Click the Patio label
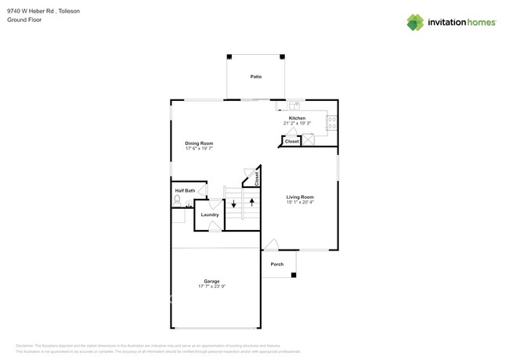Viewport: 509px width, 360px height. click(255, 77)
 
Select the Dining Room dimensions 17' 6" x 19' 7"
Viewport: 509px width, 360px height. click(199, 149)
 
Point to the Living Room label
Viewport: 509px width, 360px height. click(299, 196)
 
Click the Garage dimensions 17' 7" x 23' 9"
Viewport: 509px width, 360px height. click(211, 286)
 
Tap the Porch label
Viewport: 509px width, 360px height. click(277, 265)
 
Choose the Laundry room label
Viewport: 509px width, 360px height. click(210, 214)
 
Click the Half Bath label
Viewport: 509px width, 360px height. click(185, 190)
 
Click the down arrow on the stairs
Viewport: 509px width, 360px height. click(233, 204)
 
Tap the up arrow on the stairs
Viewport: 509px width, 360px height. click(251, 203)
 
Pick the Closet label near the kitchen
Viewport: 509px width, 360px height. click(291, 142)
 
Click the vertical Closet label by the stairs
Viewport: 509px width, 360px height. click(257, 178)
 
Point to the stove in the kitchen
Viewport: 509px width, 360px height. click(331, 122)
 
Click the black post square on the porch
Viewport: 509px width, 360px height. click(294, 275)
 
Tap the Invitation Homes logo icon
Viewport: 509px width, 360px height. click(415, 23)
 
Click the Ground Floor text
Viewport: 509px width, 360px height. click(24, 20)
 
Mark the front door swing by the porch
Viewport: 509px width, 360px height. click(269, 244)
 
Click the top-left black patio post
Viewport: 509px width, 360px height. click(229, 56)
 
